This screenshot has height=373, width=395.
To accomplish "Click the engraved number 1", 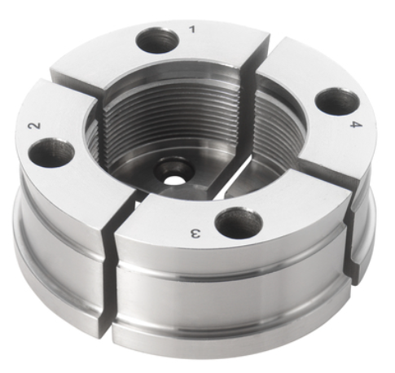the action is [192, 29].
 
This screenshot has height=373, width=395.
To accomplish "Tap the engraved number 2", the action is [35, 125].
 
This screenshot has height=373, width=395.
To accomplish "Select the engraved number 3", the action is [195, 233].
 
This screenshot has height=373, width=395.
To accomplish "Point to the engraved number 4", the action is [356, 125].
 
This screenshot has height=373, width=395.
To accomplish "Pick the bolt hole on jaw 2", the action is [51, 151].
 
